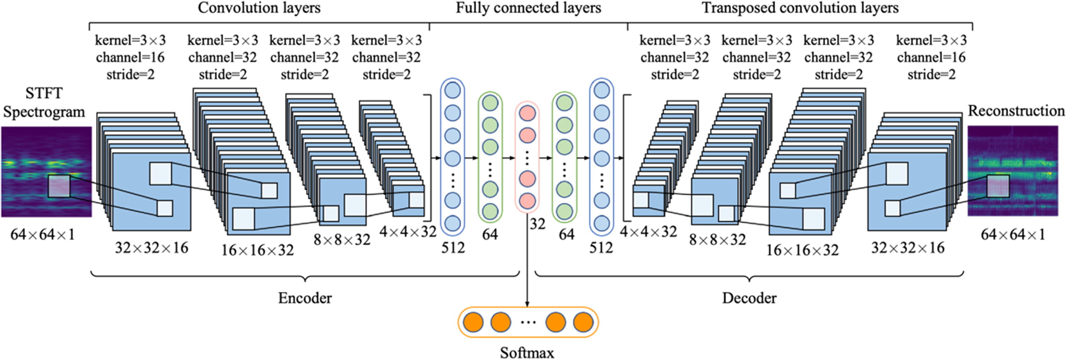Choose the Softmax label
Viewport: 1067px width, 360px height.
pyautogui.click(x=527, y=353)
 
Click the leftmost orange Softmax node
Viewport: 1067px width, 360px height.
pyautogui.click(x=473, y=322)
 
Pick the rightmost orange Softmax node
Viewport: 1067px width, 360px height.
pyautogui.click(x=583, y=322)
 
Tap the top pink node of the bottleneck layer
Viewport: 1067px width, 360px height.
pyautogui.click(x=527, y=113)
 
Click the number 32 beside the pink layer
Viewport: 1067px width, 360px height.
pyautogui.click(x=537, y=224)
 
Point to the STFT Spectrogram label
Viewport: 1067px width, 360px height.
pyautogui.click(x=44, y=103)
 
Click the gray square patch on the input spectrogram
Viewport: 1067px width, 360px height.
pyautogui.click(x=59, y=186)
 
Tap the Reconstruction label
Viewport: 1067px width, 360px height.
pyautogui.click(x=1016, y=111)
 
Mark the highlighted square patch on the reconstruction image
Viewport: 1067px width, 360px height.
pyautogui.click(x=998, y=186)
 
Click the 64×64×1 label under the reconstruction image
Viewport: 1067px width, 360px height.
pyautogui.click(x=1013, y=235)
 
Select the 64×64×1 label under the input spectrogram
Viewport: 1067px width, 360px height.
pyautogui.click(x=43, y=235)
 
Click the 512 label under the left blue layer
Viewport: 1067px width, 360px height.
pyautogui.click(x=453, y=248)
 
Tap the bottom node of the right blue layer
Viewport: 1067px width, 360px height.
pyautogui.click(x=602, y=223)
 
